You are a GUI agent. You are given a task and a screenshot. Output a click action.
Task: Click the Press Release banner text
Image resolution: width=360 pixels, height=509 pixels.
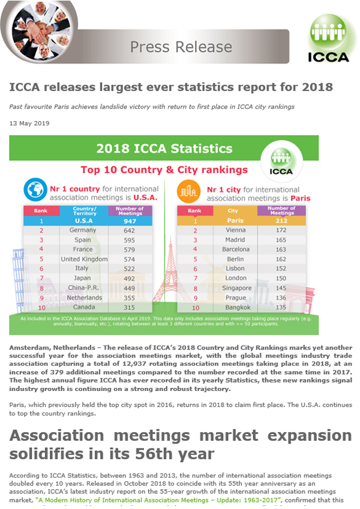pyautogui.click(x=181, y=47)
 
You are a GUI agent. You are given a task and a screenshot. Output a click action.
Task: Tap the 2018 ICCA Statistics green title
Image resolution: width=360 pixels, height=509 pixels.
pyautogui.click(x=164, y=147)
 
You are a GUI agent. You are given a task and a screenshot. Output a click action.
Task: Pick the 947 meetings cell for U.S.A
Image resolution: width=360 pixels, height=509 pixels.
pyautogui.click(x=125, y=221)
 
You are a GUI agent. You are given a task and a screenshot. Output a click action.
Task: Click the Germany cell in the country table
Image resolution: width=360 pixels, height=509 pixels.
pyautogui.click(x=82, y=230)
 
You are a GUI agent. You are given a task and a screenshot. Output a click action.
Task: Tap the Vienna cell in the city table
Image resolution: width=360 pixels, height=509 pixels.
pyautogui.click(x=235, y=230)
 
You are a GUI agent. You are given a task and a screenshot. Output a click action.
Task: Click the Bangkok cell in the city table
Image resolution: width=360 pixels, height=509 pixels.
pyautogui.click(x=235, y=306)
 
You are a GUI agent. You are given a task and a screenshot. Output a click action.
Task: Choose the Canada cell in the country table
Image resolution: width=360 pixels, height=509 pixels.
pyautogui.click(x=82, y=306)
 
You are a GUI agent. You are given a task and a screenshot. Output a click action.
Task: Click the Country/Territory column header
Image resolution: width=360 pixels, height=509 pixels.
pyautogui.click(x=84, y=210)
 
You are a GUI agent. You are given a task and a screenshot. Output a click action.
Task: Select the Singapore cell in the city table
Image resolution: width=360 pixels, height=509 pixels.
pyautogui.click(x=235, y=287)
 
